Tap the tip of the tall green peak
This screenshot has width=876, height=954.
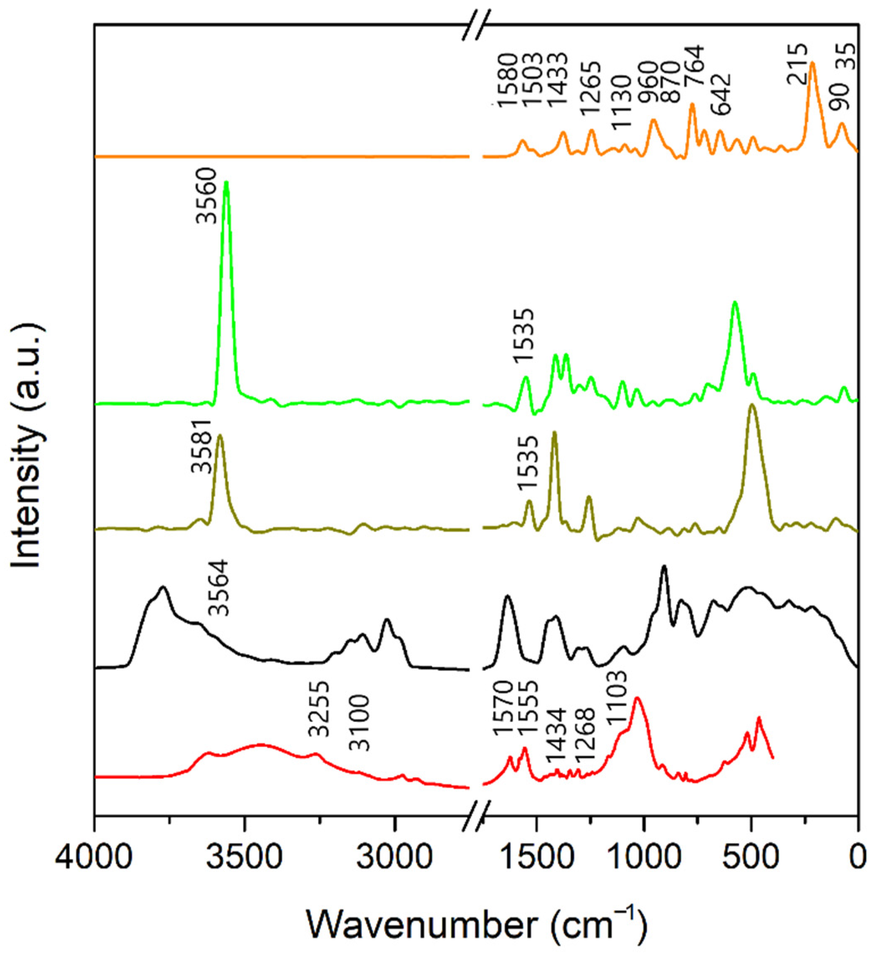(226, 182)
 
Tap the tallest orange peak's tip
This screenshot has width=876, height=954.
(812, 63)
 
